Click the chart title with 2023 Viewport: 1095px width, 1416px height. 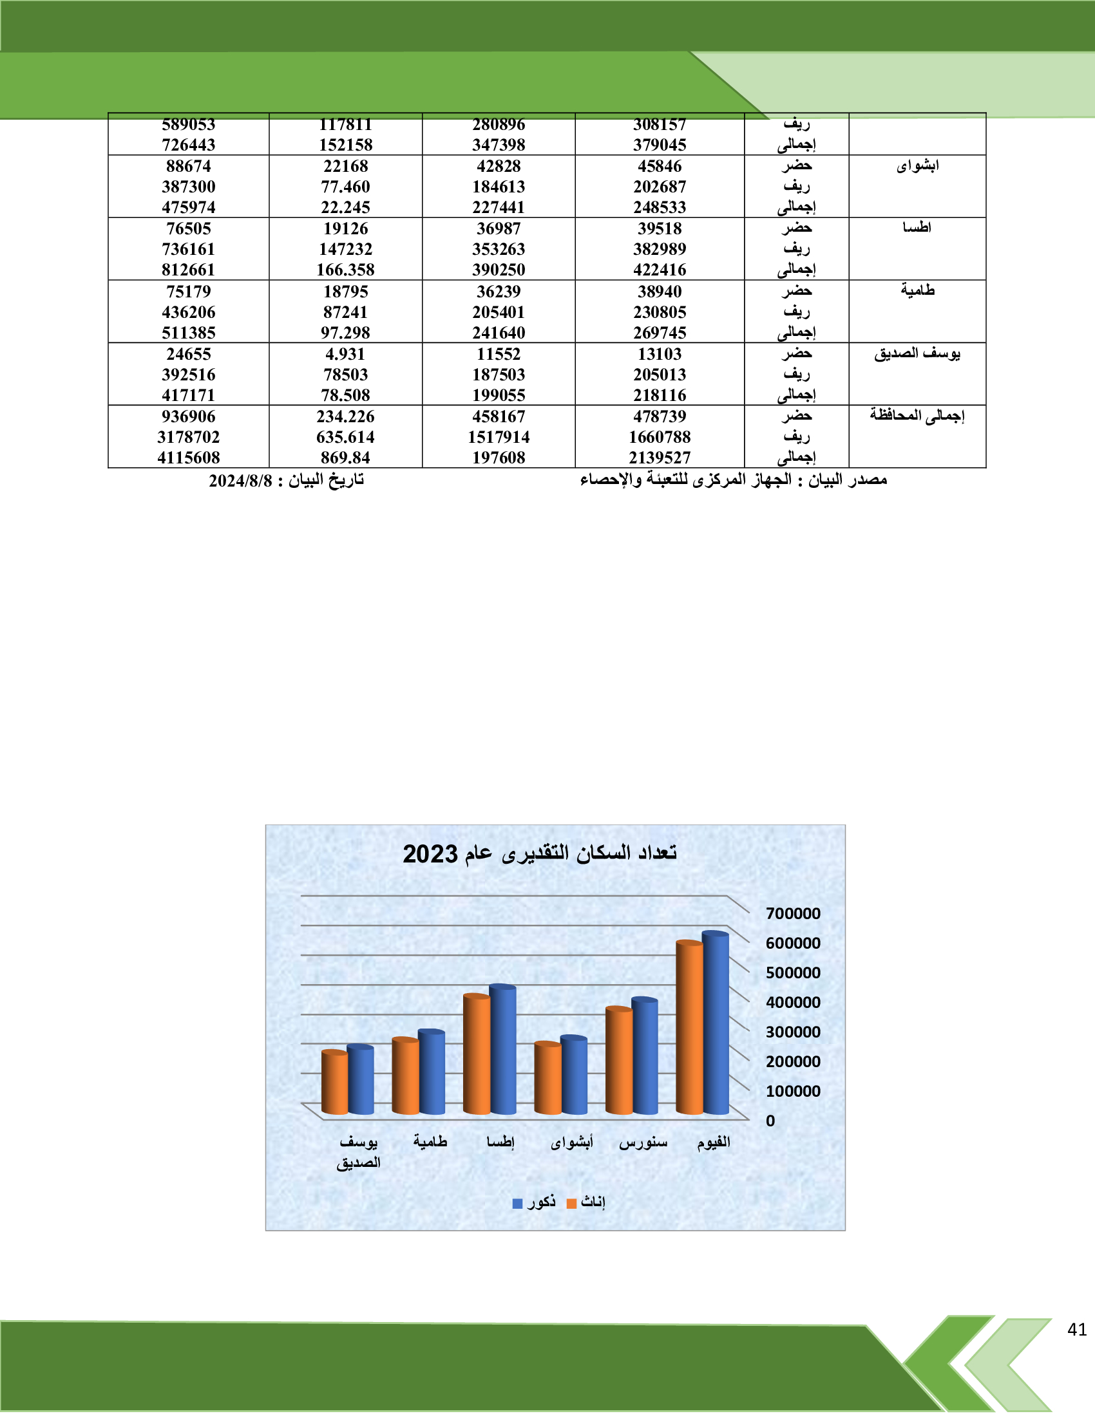coord(540,853)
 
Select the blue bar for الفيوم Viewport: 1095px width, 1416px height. coord(716,1025)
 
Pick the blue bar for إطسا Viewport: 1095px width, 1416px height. coord(503,1051)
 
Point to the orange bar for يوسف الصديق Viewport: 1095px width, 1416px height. coord(334,1083)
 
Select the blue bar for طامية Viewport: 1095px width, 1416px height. coord(432,1073)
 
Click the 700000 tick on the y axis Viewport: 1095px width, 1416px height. coord(793,913)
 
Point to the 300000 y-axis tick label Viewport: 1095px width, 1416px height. coord(793,1032)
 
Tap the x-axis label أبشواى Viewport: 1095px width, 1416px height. coord(571,1142)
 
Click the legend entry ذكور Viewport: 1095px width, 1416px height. coord(535,1203)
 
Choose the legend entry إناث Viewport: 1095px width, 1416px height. coord(586,1203)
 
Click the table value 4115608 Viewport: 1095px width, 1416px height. coord(188,458)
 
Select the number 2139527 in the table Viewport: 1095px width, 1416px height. coord(659,458)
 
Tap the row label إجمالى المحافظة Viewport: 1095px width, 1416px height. coord(917,416)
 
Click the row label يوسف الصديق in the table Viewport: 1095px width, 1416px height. coord(917,353)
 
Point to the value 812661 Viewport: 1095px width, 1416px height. coord(188,270)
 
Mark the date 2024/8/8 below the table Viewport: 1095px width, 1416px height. coord(241,480)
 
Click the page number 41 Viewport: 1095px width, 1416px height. coord(1077,1329)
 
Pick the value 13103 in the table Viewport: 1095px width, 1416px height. coord(659,354)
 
